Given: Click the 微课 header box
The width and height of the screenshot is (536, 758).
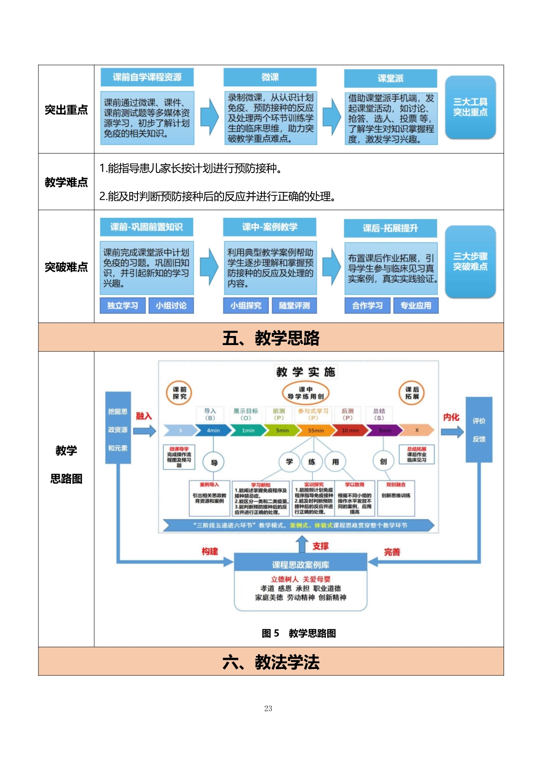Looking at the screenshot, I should click(x=270, y=77).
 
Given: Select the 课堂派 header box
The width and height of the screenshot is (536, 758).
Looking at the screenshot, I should click(x=390, y=78).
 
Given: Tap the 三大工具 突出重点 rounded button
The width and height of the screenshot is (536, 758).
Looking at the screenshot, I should click(x=470, y=107).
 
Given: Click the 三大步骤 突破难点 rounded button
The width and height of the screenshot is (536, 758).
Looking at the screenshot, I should click(x=470, y=262).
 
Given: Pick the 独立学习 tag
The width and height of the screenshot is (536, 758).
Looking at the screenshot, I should click(x=123, y=305).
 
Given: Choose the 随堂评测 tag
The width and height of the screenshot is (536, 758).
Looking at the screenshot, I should click(x=294, y=305).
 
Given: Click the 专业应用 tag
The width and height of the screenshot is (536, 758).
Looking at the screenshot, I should click(x=415, y=305).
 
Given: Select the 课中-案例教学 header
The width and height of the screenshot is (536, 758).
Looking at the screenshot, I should click(x=270, y=227).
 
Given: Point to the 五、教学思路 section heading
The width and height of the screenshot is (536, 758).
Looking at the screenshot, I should click(x=271, y=338).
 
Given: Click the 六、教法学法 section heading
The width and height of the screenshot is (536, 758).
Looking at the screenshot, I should click(x=271, y=662).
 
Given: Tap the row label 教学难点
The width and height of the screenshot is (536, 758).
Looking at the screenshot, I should click(x=66, y=182).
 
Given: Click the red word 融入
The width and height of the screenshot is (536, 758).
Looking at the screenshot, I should click(x=144, y=416).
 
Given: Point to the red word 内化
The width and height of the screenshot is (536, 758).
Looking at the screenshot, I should click(x=451, y=417).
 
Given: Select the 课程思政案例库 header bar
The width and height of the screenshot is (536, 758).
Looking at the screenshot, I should click(x=300, y=565).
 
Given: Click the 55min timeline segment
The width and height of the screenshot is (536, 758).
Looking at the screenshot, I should click(x=316, y=430).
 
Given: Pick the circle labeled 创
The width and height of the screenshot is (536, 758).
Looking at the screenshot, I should click(x=383, y=461).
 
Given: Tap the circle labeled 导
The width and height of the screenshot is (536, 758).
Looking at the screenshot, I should click(x=214, y=462).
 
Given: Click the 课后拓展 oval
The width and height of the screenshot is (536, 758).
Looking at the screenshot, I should click(x=412, y=393).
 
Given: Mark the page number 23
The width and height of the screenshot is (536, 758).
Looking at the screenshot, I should click(x=268, y=708).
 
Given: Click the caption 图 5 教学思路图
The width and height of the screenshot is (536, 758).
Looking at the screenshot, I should click(x=299, y=633).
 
